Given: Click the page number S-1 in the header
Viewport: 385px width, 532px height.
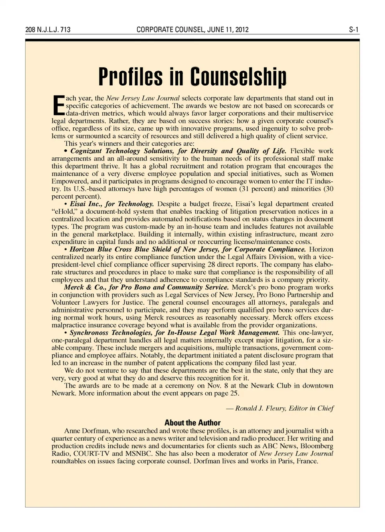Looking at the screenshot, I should click(x=353, y=30).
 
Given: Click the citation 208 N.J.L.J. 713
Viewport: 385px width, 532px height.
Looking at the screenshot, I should click(x=48, y=30).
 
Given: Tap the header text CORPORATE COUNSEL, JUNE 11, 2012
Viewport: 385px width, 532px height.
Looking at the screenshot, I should click(x=192, y=30).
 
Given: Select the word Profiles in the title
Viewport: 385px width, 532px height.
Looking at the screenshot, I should click(x=131, y=77).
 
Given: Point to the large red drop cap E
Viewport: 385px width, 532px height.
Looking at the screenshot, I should click(x=59, y=105).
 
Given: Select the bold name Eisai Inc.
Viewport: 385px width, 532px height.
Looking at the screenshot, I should click(x=85, y=204).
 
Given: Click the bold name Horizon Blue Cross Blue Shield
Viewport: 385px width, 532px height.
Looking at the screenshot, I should click(x=120, y=249).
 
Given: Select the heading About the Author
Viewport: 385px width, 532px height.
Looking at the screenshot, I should click(x=192, y=423).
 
